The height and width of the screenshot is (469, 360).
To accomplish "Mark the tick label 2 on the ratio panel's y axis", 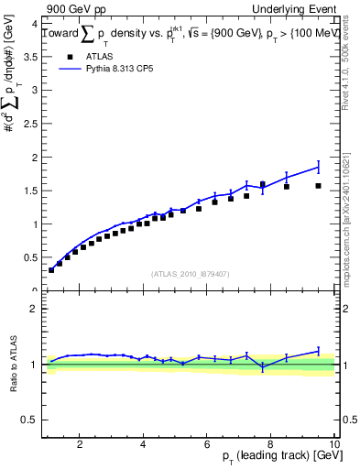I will click(x=34, y=309).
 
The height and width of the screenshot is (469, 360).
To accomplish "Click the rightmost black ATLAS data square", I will click(x=318, y=186).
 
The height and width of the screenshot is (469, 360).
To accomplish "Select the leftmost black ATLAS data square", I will click(x=51, y=270).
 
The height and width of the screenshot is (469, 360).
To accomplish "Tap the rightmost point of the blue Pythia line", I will click(x=318, y=167).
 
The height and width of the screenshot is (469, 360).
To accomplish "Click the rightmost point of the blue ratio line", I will click(x=318, y=350).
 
